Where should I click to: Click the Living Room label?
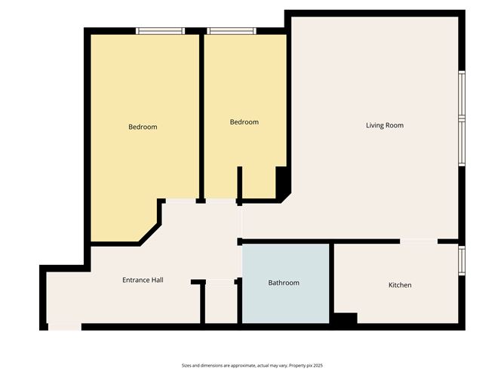(385, 125)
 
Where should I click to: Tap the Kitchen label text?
(400, 284)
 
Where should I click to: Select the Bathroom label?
(284, 282)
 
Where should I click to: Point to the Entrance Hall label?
(143, 280)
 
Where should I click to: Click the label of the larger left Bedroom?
(143, 127)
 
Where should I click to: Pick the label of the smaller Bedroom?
(244, 121)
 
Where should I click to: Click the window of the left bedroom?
(161, 31)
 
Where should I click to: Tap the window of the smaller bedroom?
(232, 31)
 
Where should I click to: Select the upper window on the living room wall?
(462, 94)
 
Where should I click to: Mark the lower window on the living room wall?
(462, 142)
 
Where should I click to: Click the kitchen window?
(462, 261)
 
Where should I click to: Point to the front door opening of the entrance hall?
(65, 327)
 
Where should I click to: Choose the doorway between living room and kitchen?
(419, 241)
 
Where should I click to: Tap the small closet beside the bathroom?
(221, 302)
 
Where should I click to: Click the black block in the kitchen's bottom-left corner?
(346, 318)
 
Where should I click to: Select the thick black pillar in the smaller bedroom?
(281, 183)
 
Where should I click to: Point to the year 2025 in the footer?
(318, 365)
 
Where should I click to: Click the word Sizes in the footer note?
(186, 365)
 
